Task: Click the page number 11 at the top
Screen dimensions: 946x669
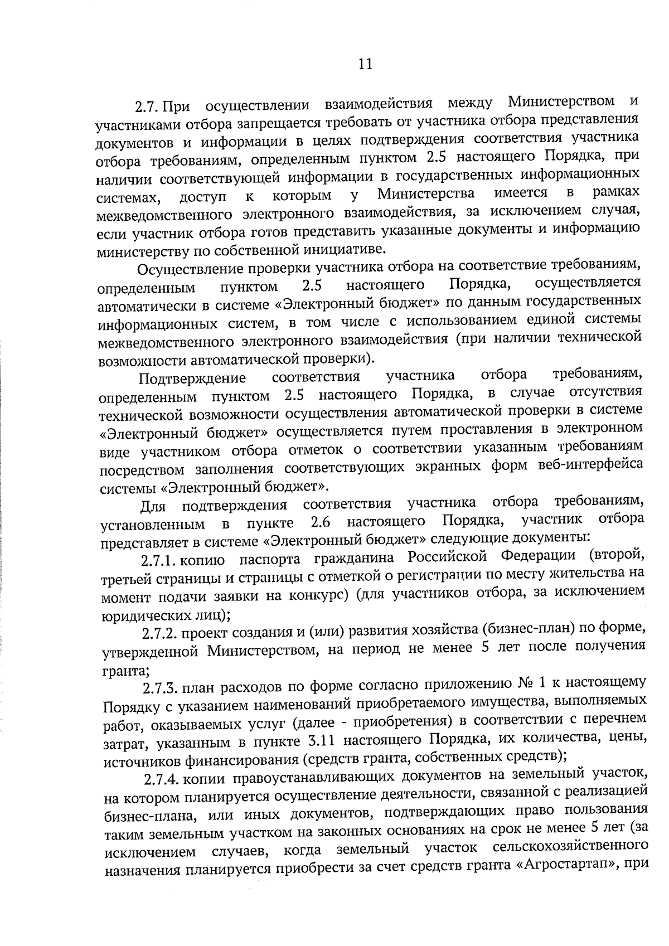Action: (365, 64)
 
